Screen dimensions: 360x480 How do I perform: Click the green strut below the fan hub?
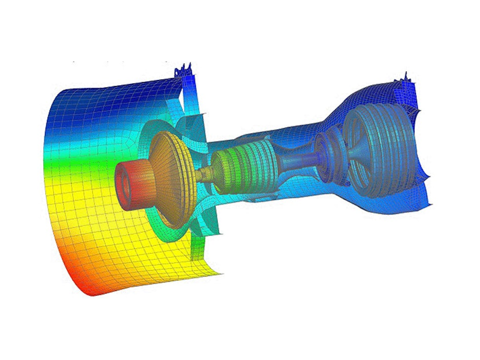(x=200, y=245)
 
